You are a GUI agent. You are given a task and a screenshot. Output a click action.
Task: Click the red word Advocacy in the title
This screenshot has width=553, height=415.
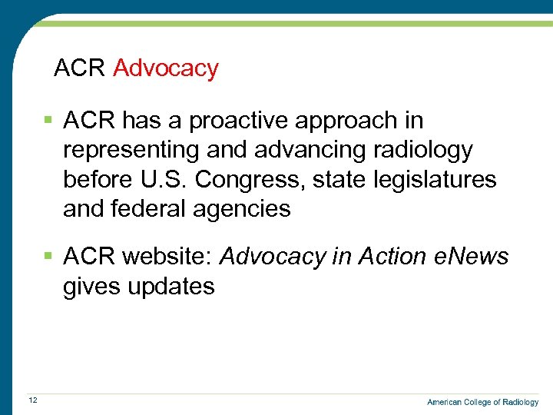click(x=165, y=68)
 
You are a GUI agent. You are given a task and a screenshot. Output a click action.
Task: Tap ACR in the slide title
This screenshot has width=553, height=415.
click(x=79, y=68)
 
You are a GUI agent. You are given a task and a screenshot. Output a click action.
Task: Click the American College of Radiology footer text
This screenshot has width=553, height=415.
click(x=482, y=402)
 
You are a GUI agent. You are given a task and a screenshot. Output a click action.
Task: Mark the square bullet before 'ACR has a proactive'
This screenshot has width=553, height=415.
click(x=48, y=121)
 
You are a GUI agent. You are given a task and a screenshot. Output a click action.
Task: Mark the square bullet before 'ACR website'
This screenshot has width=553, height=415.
click(x=48, y=257)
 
